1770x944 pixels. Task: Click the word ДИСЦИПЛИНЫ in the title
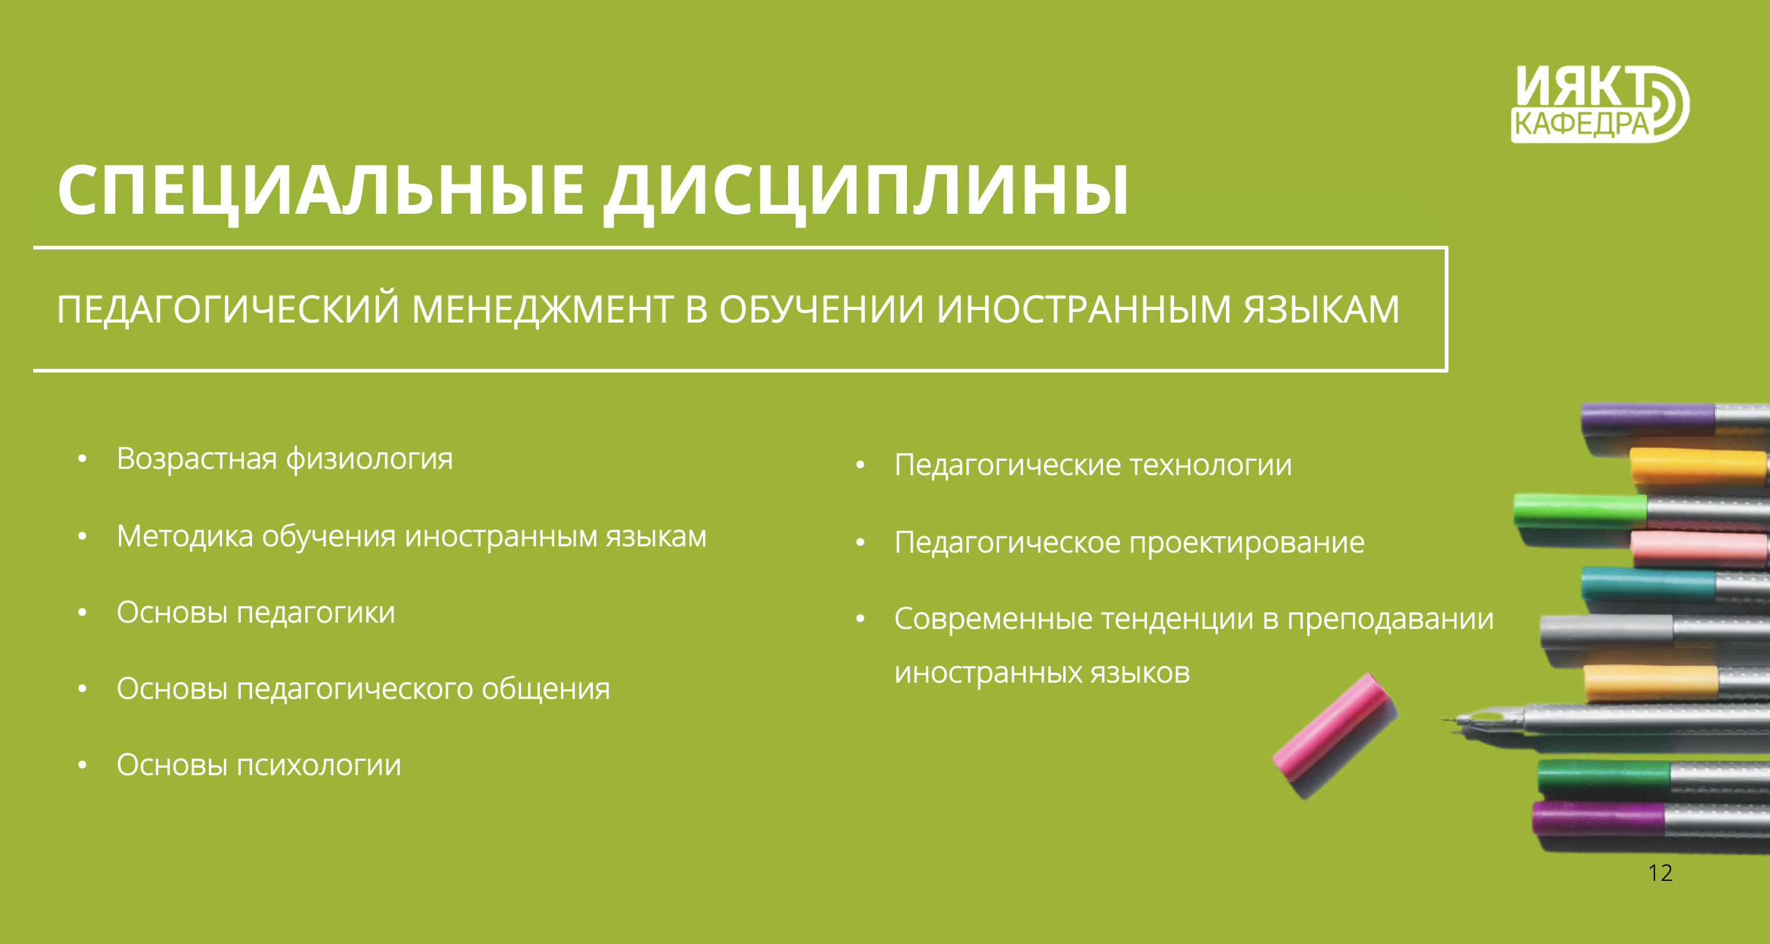(866, 192)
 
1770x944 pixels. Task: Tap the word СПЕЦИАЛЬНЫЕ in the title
(321, 192)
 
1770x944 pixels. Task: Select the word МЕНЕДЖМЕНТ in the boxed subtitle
(542, 309)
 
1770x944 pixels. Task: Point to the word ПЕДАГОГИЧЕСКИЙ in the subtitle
(228, 309)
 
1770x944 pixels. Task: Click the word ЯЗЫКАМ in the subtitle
(1322, 309)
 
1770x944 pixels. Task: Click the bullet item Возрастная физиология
(285, 459)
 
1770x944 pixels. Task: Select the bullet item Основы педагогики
(256, 612)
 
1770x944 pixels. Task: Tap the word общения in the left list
(545, 689)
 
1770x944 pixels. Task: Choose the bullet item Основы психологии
(258, 765)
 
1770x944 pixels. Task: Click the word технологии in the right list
(1211, 465)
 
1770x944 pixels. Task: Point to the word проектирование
(1247, 543)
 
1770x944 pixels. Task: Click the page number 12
(1660, 873)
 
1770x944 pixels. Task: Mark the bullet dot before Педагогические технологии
(859, 466)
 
